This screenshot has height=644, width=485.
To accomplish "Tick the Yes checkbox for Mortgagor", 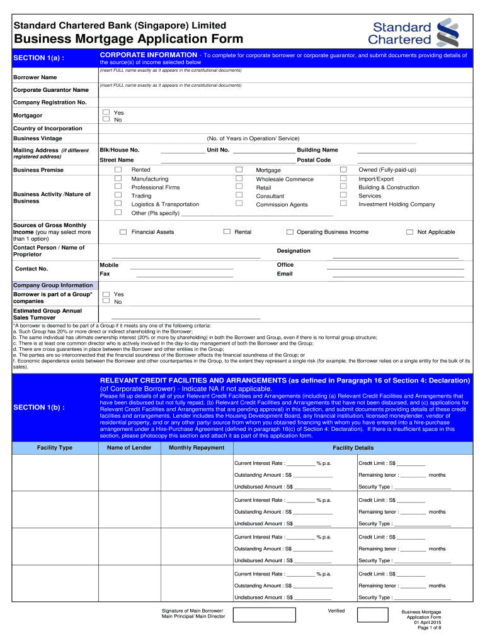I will pos(106,113).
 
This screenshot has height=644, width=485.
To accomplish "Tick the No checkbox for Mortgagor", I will pos(106,119).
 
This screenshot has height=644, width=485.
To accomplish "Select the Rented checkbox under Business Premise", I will pos(118,170).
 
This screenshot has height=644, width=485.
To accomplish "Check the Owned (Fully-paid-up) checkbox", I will pos(343,170).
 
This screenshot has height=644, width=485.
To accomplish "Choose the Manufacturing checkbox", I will pos(118,179).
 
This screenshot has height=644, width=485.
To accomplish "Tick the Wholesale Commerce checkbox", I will pos(239,179).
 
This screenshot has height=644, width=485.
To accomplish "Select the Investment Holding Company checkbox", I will pos(343,203).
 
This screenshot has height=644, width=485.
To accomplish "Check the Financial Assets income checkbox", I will pos(123,232).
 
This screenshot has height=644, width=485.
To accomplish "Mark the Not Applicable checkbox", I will pos(409,232).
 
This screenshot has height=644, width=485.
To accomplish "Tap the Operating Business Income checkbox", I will pos(290,232).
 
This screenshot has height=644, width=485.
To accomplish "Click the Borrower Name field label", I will pos(35,77).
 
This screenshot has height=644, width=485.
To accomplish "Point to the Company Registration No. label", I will pos(50,102).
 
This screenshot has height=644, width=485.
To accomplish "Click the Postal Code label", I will pos(314,160).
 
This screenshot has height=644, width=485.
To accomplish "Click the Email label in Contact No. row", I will pos(285,274).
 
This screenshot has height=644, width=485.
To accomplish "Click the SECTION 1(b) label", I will pos(39,408).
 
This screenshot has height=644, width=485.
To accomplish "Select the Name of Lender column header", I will pos(129,448).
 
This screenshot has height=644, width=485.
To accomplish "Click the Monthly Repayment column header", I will pos(197,448).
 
